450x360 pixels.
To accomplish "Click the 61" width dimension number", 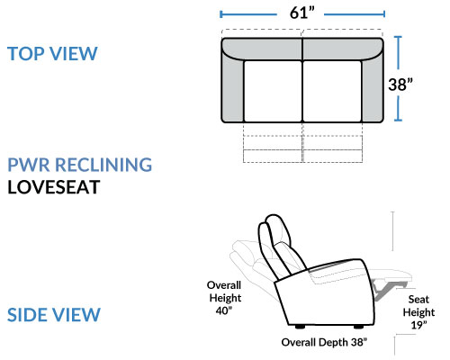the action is click(x=302, y=13).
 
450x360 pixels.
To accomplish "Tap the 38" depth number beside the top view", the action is click(x=400, y=85).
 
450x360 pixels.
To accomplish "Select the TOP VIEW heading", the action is click(x=52, y=54).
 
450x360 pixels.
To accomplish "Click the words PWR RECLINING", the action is click(x=80, y=165).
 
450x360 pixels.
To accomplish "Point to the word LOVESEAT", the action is click(x=54, y=187).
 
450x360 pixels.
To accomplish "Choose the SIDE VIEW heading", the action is click(x=54, y=315).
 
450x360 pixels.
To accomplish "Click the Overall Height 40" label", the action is click(x=225, y=298).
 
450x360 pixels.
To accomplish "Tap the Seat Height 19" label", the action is click(x=418, y=312).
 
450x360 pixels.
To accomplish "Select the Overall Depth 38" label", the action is click(x=324, y=342).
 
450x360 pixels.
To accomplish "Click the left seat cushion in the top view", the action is click(x=273, y=91).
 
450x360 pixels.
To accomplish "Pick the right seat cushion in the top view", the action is click(x=332, y=91).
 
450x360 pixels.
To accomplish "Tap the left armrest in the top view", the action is click(x=233, y=90).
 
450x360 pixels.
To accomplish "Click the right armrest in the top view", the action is click(x=373, y=90).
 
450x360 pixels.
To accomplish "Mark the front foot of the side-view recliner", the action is click(x=359, y=327).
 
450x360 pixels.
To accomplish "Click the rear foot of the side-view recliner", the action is click(x=300, y=327).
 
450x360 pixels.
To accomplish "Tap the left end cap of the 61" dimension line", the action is click(x=220, y=14).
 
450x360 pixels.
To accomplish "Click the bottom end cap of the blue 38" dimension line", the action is click(x=398, y=121).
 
